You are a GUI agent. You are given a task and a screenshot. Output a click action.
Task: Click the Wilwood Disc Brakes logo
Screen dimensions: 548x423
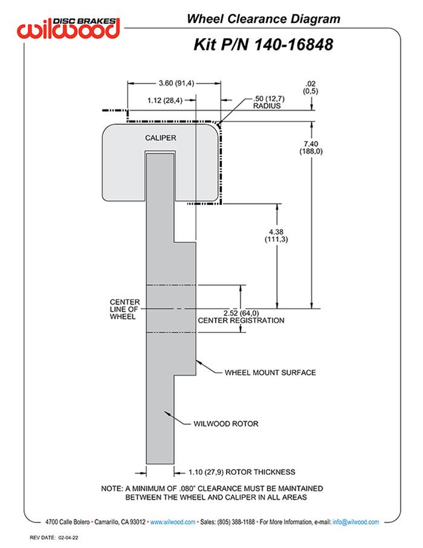pos(69,27)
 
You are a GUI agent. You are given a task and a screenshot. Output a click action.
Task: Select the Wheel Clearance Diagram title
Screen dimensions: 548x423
pos(263,19)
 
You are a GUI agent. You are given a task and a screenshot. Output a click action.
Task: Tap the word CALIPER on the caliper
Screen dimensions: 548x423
pos(160,138)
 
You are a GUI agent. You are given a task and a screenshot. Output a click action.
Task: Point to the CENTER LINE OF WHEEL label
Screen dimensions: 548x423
pos(124,309)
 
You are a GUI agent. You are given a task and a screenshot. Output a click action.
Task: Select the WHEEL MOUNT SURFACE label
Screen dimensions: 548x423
pos(270,373)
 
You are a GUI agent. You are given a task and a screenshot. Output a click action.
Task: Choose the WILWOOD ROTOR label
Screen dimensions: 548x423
pos(226,424)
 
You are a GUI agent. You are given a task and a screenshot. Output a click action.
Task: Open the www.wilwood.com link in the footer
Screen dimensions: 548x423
pos(172,522)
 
